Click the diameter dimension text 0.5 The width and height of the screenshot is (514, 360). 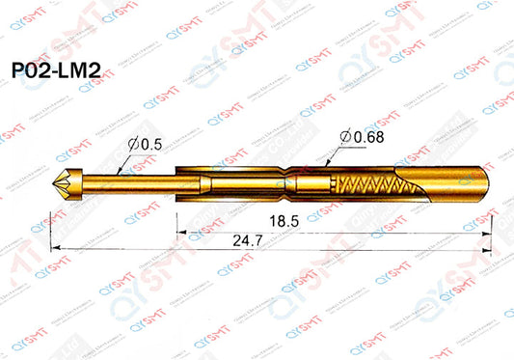(149, 145)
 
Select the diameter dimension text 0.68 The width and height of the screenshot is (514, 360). (368, 137)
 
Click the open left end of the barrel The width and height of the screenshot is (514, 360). (179, 180)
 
